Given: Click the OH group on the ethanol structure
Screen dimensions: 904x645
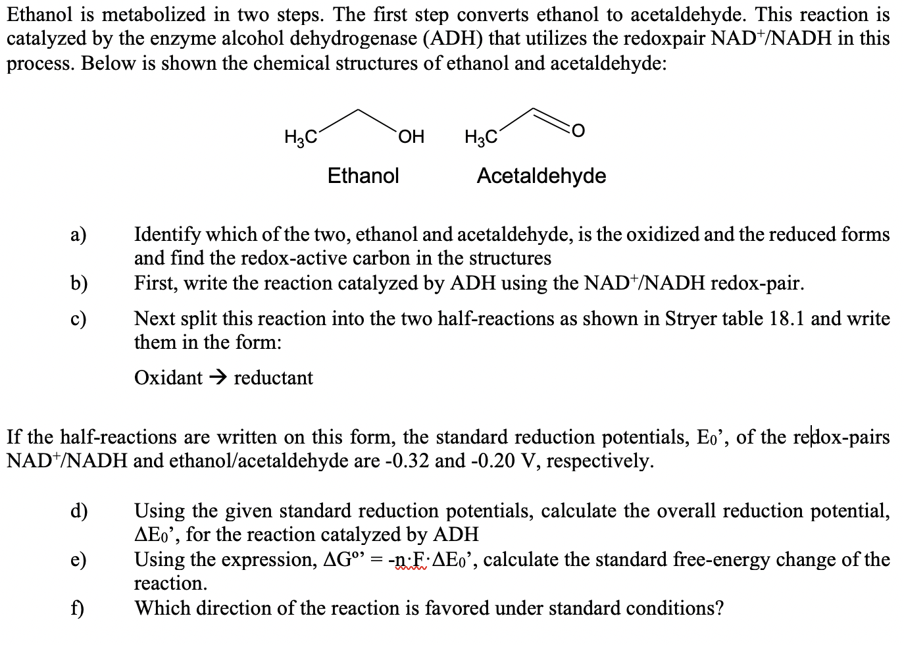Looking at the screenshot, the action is (411, 137).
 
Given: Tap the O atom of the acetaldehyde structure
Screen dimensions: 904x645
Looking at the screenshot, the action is (578, 132).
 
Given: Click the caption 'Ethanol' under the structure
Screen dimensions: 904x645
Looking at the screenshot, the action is (363, 176).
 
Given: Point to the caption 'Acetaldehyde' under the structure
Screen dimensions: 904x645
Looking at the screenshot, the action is (541, 176).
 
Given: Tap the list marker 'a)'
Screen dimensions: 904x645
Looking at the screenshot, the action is (78, 235).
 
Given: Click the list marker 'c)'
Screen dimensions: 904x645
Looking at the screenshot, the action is (78, 319).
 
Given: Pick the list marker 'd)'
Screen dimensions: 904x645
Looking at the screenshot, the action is (79, 511).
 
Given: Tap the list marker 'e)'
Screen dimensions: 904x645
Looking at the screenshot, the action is (78, 560).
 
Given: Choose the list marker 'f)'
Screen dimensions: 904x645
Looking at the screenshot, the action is (77, 608).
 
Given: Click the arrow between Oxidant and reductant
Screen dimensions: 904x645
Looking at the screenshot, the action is (218, 378).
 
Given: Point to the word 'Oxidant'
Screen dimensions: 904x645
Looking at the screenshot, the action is (168, 378).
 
